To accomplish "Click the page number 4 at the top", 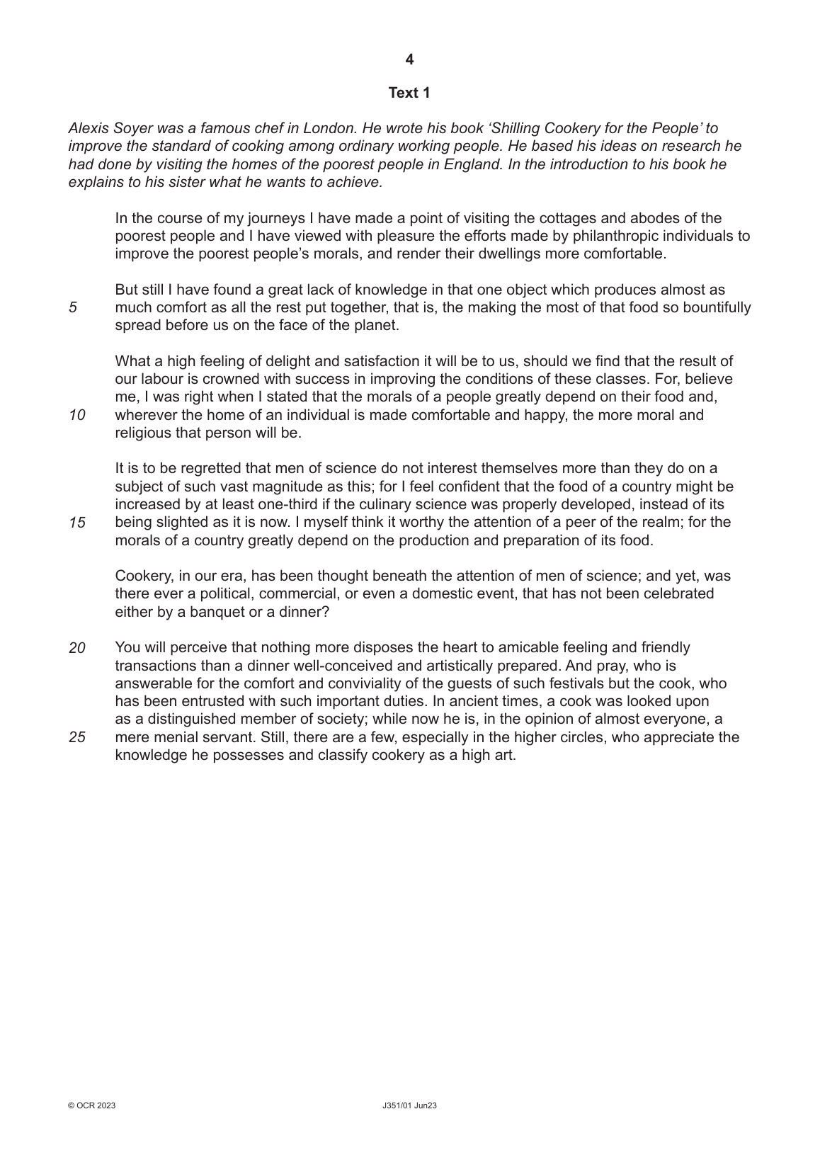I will click(409, 60).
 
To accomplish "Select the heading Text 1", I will click(409, 93).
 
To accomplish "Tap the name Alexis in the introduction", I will click(87, 128).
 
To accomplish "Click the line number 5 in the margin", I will click(73, 308).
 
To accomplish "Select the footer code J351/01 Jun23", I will click(409, 1105).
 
